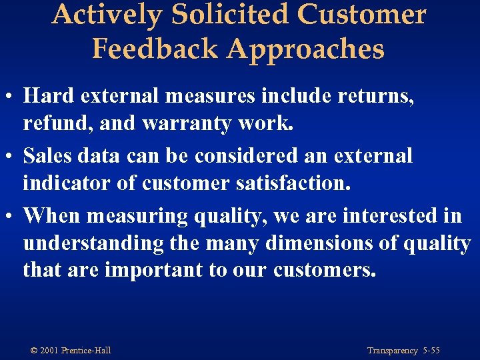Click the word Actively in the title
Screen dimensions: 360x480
pos(107,15)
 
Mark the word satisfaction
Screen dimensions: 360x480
pos(291,182)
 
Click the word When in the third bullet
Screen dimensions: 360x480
pos(52,216)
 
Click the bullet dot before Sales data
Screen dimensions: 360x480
pos(11,157)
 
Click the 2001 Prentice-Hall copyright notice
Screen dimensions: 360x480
pos(71,350)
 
